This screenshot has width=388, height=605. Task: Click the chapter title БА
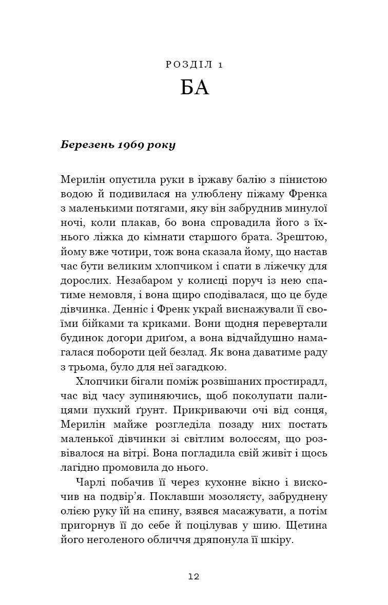195,88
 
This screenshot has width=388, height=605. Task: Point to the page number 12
193,576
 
